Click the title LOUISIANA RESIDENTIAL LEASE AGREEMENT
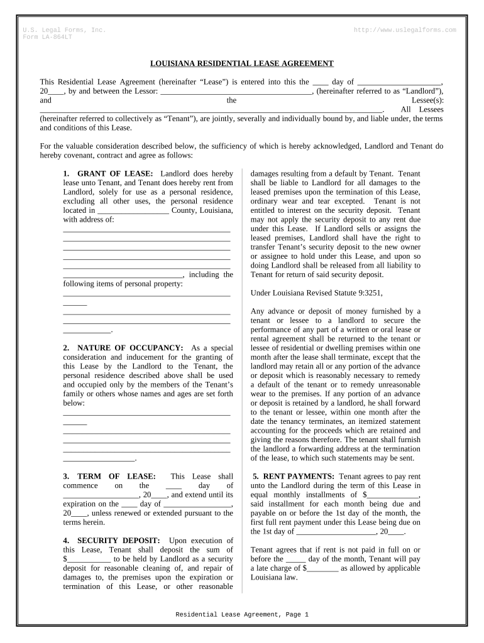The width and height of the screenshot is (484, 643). [x=241, y=63]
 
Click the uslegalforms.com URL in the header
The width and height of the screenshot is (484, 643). [x=405, y=30]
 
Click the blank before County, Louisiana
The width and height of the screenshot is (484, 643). [x=133, y=211]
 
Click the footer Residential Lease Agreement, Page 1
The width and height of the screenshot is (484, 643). [x=241, y=615]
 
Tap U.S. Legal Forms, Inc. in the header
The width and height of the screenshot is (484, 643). [x=64, y=30]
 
